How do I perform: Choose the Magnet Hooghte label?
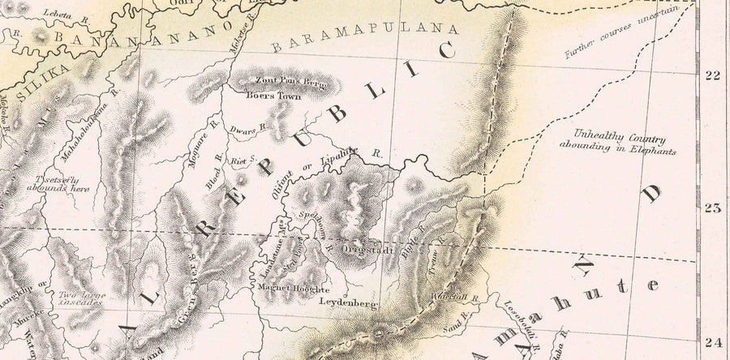coord(293,289)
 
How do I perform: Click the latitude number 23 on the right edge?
coord(713,208)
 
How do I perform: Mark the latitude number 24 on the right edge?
coord(713,341)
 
